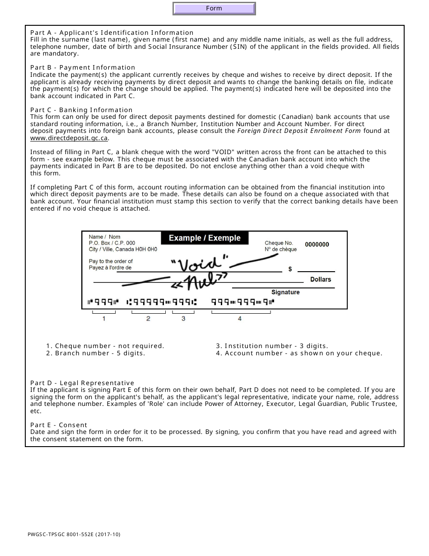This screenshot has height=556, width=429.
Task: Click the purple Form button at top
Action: point(214,9)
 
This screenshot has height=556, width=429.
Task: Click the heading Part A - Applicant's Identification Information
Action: point(112,33)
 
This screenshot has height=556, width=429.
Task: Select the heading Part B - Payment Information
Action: point(83,67)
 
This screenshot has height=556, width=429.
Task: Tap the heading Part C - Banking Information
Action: point(81,110)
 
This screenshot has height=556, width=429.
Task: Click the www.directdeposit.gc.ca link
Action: point(69,138)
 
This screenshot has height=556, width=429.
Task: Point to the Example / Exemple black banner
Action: point(205,238)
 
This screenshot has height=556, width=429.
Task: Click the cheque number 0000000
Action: point(317,245)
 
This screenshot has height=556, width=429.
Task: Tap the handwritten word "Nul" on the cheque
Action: point(198,283)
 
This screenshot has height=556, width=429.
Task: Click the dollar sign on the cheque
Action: point(290,269)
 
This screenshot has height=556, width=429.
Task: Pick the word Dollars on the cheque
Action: point(321,279)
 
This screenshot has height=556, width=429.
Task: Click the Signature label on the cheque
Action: point(285,292)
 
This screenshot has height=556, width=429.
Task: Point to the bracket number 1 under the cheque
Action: point(104,319)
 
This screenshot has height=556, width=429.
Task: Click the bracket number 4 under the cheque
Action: point(240,319)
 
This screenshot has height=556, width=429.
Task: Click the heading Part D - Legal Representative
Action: point(82,383)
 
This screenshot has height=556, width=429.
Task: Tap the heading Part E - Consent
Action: point(59,425)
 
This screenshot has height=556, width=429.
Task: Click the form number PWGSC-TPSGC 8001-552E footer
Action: point(74,535)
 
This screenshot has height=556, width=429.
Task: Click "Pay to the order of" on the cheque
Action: point(111,261)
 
